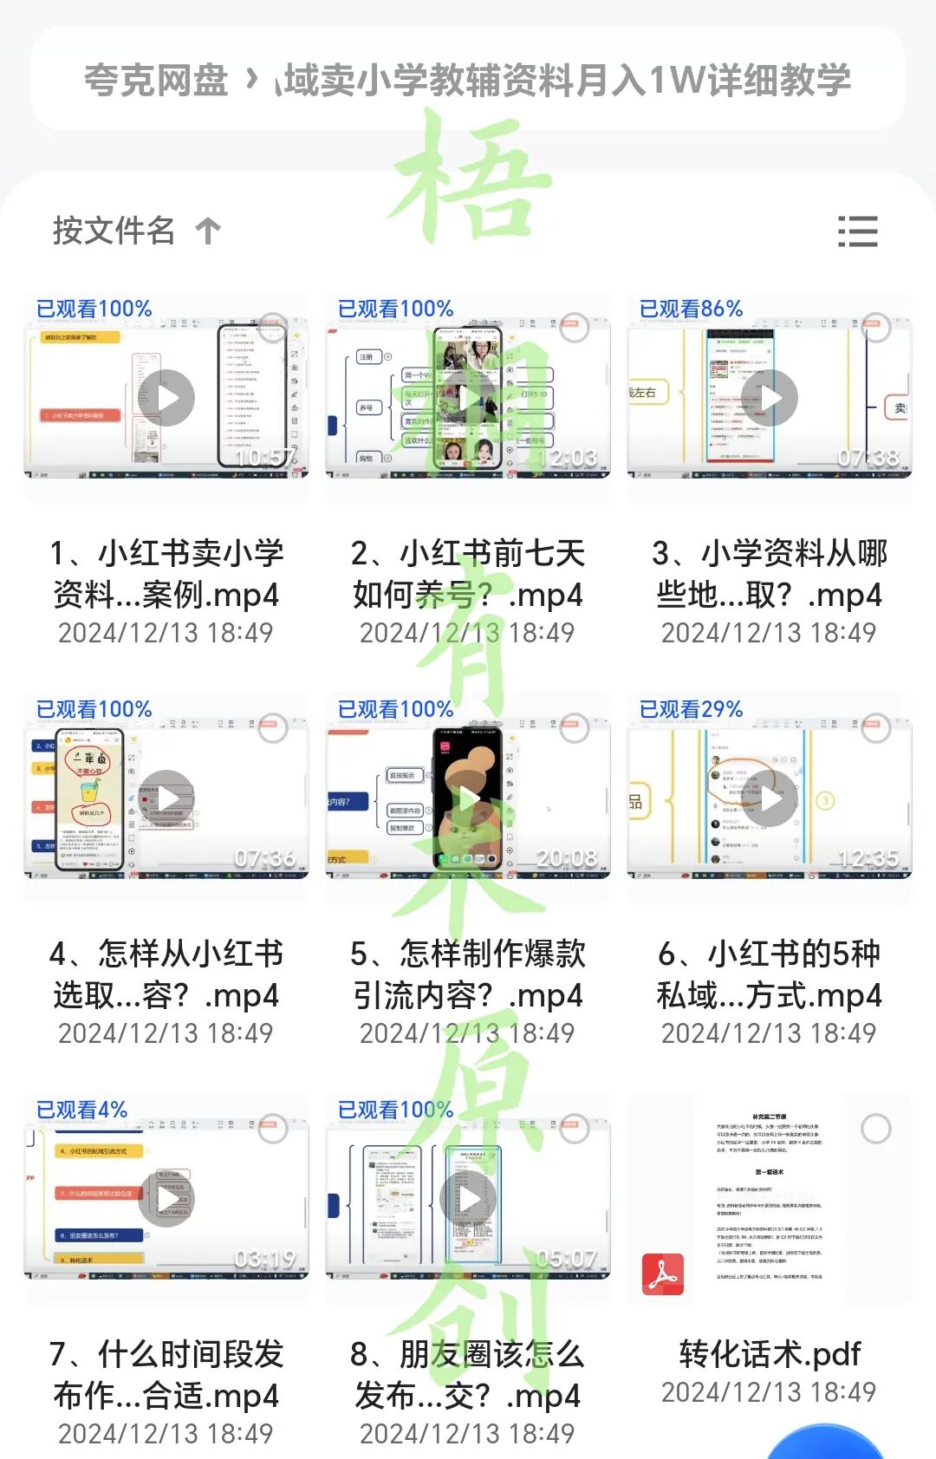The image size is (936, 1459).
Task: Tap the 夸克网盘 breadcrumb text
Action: [156, 81]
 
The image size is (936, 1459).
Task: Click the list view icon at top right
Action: [858, 231]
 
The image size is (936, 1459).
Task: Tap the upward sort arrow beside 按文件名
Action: [208, 231]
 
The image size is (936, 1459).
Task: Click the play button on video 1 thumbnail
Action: [167, 398]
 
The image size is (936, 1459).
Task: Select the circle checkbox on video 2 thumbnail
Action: [574, 328]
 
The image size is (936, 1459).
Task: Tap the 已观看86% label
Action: [691, 309]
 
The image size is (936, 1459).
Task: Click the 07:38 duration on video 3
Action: [868, 458]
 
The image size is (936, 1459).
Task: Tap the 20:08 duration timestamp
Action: [566, 858]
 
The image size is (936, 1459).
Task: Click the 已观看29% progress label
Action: [691, 709]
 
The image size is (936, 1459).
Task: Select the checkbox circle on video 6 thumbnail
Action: [875, 728]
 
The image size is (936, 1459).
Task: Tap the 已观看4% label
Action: [81, 1110]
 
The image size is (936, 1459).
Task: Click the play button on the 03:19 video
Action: [167, 1199]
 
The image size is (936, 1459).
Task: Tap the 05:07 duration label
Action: [566, 1259]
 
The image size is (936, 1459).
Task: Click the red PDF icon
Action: [663, 1273]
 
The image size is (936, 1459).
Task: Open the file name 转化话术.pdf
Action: [770, 1353]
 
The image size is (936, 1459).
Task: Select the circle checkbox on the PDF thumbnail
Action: [875, 1129]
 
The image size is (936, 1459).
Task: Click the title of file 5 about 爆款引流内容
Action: [468, 974]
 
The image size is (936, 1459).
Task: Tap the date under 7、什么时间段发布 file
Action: [166, 1433]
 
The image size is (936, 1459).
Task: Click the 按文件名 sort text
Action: [114, 231]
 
